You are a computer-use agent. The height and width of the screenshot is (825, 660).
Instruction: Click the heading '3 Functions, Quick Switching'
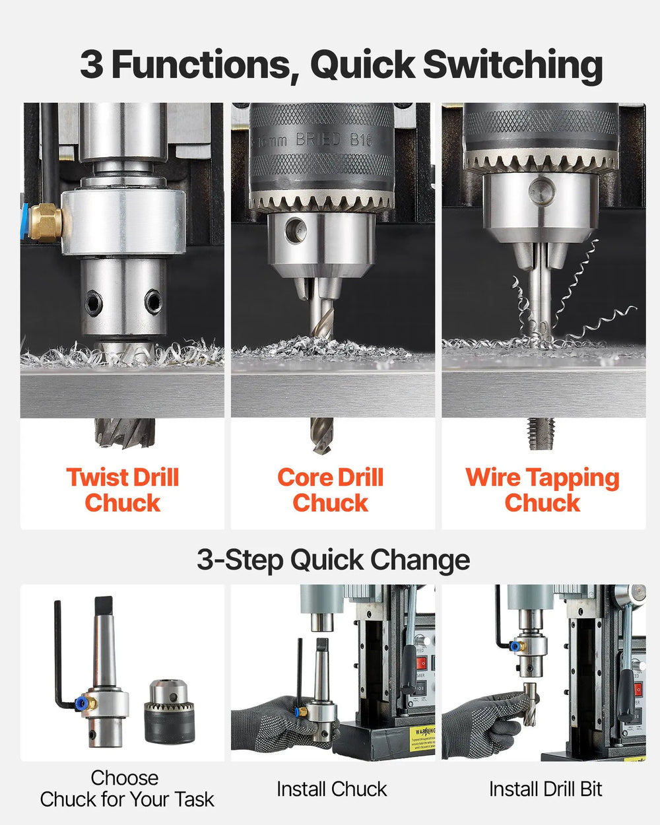click(341, 65)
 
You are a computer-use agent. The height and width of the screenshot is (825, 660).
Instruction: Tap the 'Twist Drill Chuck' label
click(123, 490)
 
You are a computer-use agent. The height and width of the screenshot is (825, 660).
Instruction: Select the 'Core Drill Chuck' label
click(330, 490)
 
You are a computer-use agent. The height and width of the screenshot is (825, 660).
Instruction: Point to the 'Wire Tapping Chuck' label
click(543, 490)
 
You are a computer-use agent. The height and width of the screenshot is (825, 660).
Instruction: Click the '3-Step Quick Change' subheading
click(333, 560)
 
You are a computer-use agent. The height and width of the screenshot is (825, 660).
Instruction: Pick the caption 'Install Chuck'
click(331, 789)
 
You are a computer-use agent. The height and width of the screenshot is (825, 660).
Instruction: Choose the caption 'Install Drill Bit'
click(545, 789)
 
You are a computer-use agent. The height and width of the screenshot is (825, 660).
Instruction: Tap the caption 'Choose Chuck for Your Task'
click(126, 789)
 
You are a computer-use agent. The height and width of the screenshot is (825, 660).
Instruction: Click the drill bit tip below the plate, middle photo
click(321, 436)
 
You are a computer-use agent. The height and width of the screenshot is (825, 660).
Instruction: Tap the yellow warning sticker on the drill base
click(421, 738)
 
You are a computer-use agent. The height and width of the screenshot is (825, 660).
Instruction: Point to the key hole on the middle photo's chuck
click(296, 229)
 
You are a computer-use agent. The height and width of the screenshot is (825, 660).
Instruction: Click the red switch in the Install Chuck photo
click(420, 662)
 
